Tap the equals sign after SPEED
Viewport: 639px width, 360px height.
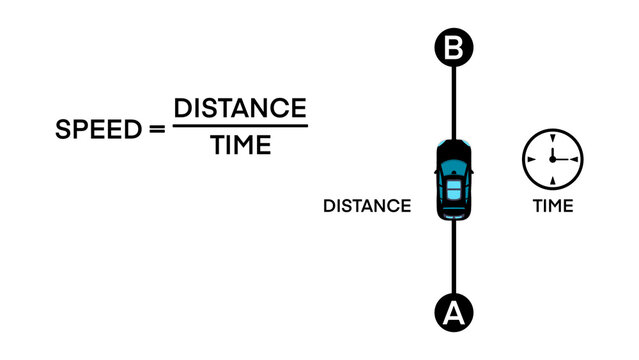coord(156,131)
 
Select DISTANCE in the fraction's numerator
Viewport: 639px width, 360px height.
coord(240,108)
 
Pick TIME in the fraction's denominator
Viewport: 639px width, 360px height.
coord(240,146)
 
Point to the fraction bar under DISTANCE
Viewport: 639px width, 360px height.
coord(240,126)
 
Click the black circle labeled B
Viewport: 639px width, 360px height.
coord(453,48)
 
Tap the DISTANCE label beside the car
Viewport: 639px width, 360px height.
coord(367,206)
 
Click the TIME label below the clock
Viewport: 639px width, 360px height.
coord(553,206)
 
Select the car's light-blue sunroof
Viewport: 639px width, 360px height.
coord(453,187)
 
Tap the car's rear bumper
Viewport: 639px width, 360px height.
coord(453,217)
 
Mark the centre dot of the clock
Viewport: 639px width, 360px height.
coord(552,159)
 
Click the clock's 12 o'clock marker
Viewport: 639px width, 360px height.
coord(552,137)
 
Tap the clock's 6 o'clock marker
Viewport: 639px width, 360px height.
coord(552,181)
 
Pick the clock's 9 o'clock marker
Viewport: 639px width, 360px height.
coord(530,159)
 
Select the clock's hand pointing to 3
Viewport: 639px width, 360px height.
coord(563,159)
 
